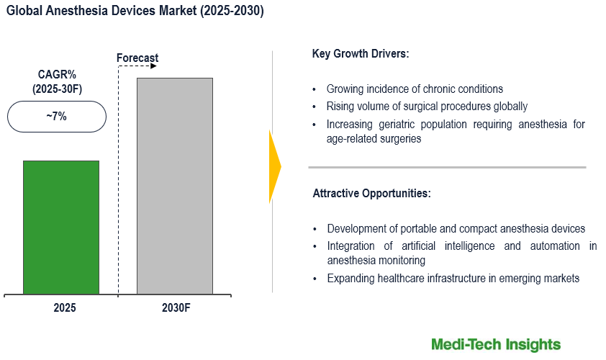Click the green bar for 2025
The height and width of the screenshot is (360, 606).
pyautogui.click(x=61, y=227)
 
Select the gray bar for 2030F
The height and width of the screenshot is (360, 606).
pyautogui.click(x=175, y=186)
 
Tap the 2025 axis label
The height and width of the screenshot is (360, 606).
pyautogui.click(x=64, y=307)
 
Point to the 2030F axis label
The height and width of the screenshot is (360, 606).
pyautogui.click(x=175, y=307)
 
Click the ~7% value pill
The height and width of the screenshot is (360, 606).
pyautogui.click(x=57, y=116)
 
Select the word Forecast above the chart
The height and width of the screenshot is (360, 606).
pyautogui.click(x=137, y=58)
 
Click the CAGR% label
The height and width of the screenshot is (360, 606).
pyautogui.click(x=57, y=75)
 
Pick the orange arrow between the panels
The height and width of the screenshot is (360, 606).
pyautogui.click(x=274, y=166)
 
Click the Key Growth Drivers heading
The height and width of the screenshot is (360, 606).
pyautogui.click(x=361, y=54)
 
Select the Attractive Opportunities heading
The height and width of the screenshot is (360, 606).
pyautogui.click(x=371, y=194)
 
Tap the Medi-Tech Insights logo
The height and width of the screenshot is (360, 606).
pyautogui.click(x=495, y=344)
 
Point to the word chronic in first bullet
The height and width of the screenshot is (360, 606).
pyautogui.click(x=428, y=89)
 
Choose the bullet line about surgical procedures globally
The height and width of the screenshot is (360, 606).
pyautogui.click(x=427, y=107)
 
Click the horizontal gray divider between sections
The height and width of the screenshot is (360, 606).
pyautogui.click(x=447, y=167)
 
